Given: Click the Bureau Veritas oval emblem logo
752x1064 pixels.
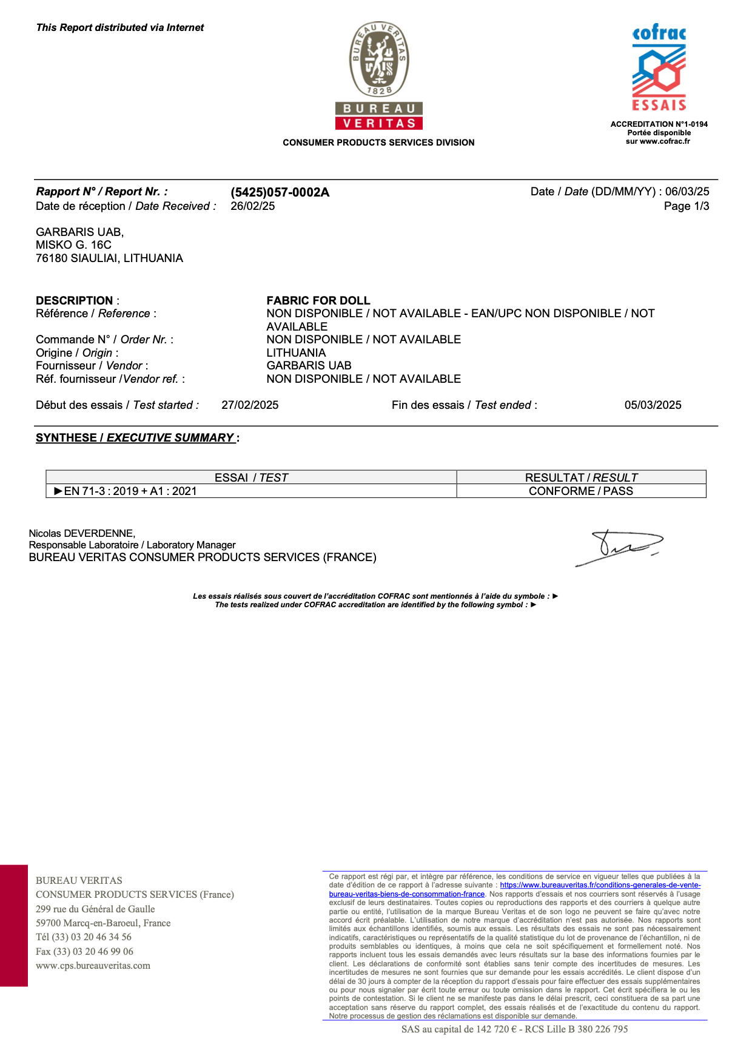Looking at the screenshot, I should click(x=379, y=59).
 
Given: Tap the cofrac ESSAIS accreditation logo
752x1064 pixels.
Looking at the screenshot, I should click(x=659, y=69).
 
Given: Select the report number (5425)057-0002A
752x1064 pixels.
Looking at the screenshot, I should click(x=280, y=192).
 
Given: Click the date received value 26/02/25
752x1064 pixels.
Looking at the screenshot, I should click(x=252, y=206).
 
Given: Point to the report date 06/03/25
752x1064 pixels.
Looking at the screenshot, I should click(x=687, y=192).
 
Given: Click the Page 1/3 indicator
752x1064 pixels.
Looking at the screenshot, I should click(x=686, y=206).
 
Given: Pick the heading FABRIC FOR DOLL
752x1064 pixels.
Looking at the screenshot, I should click(x=318, y=300).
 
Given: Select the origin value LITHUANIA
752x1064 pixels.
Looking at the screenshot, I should click(x=296, y=352).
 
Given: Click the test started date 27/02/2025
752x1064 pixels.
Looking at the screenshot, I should click(x=250, y=405).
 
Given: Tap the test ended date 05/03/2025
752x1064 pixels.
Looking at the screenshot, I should click(x=653, y=405).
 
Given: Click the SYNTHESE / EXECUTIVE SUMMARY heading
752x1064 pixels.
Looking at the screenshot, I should click(x=135, y=438).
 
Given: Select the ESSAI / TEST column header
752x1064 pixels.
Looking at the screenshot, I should click(x=251, y=477).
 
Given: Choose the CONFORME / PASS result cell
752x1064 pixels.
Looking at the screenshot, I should click(x=580, y=491).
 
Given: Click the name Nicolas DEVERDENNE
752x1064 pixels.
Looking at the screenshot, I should click(x=82, y=533).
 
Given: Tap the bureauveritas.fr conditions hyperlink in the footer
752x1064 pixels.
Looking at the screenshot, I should click(x=600, y=885).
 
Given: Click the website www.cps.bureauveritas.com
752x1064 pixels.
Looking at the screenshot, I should click(x=93, y=966).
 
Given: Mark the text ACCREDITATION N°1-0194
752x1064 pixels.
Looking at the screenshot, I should click(x=659, y=124).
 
